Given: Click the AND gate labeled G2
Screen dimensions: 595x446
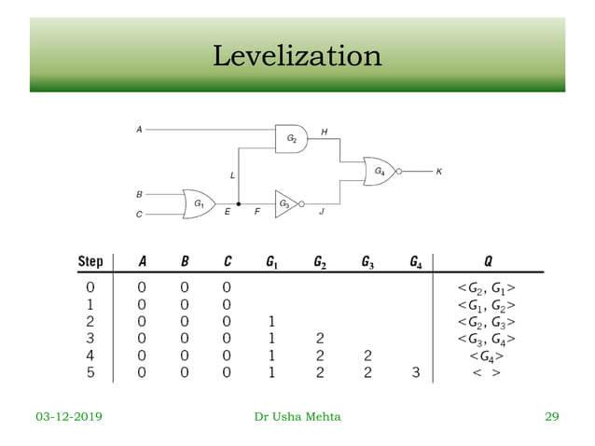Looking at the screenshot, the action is (x=292, y=138).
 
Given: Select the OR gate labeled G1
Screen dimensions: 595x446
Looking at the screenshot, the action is (x=200, y=202).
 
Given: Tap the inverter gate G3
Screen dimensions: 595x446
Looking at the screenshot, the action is (x=285, y=202).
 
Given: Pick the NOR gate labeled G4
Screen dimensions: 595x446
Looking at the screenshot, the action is (x=381, y=172).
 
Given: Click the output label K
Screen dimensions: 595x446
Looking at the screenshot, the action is (x=439, y=172).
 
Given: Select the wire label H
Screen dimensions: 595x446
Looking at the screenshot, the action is (x=324, y=132).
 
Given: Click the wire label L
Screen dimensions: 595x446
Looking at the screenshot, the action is (x=232, y=174).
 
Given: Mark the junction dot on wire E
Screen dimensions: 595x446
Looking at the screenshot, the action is (x=240, y=202).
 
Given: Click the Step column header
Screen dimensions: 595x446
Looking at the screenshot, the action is (x=90, y=260).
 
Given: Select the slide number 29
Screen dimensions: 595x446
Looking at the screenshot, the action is (x=551, y=416).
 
